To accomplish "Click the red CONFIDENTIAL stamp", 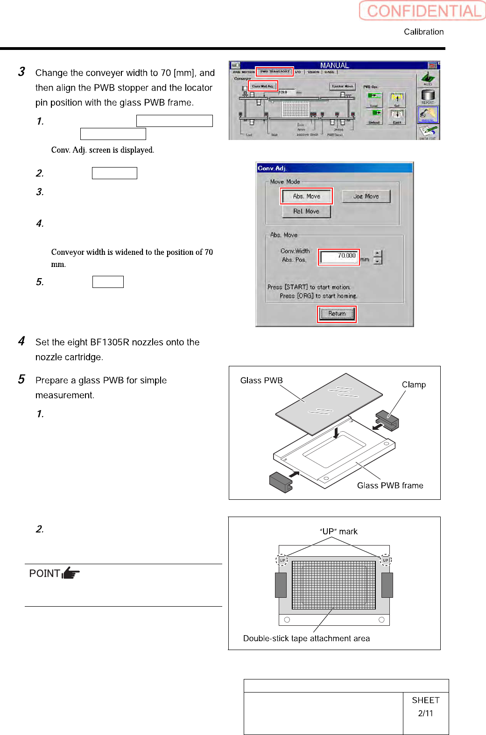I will pos(422,11).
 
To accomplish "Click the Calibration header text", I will pos(423,32).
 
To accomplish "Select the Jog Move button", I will pos(366,196).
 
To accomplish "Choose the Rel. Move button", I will pos(306,211).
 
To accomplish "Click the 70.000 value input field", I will pos(339,256).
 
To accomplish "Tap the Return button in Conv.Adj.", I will pos(337,314).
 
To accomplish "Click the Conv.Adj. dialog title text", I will pos(272,168).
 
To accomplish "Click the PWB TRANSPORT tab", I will pos(275,72).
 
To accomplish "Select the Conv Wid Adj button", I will pos(263,86).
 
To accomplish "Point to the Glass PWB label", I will pos(261,380).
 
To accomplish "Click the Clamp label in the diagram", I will pos(414,385).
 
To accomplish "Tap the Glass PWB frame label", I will pos(390,485).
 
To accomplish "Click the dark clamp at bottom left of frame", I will pos(281,482).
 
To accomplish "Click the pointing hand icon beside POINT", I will pos(70,573).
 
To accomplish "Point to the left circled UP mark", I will pos(282,560).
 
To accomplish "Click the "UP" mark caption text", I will pos(339,532).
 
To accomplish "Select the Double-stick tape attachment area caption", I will pos(306,638).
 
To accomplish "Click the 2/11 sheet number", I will pos(425,713).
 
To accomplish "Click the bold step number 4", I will pos(21,341).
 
